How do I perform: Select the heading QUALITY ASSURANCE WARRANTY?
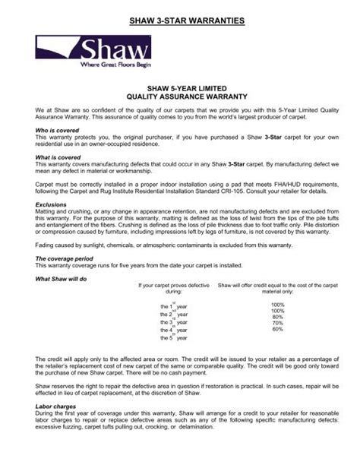tap(180, 97)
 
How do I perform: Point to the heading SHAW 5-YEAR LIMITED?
tap(180, 89)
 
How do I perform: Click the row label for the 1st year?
tap(174, 306)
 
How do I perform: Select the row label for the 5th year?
tap(174, 337)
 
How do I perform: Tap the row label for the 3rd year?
tap(174, 321)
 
